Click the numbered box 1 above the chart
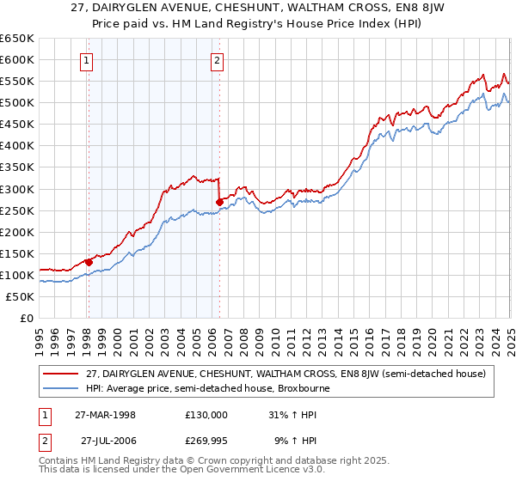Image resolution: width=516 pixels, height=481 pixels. pyautogui.click(x=89, y=60)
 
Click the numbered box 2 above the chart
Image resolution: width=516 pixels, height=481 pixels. pyautogui.click(x=218, y=60)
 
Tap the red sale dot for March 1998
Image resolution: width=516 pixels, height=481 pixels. pyautogui.click(x=89, y=262)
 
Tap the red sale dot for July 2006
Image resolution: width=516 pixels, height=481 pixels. pyautogui.click(x=219, y=202)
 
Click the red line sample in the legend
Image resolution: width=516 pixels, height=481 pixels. pyautogui.click(x=60, y=374)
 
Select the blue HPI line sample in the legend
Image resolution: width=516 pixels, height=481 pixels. pyautogui.click(x=60, y=388)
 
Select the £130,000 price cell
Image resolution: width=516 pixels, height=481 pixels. pyautogui.click(x=206, y=414)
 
